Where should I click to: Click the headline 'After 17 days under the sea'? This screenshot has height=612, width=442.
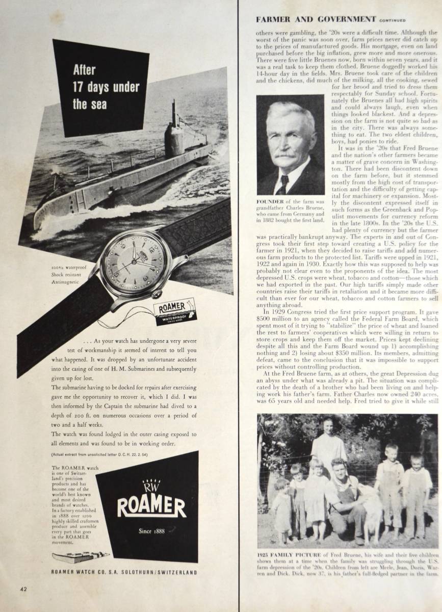pos(106,87)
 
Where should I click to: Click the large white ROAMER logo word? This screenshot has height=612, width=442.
pos(152,506)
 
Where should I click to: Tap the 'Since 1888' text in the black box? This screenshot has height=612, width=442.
pos(151,531)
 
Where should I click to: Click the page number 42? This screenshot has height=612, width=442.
pos(23,589)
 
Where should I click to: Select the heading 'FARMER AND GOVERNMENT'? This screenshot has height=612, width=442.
pos(316,19)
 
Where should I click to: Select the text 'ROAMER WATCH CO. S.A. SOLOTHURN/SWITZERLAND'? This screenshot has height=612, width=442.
pos(124,573)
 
